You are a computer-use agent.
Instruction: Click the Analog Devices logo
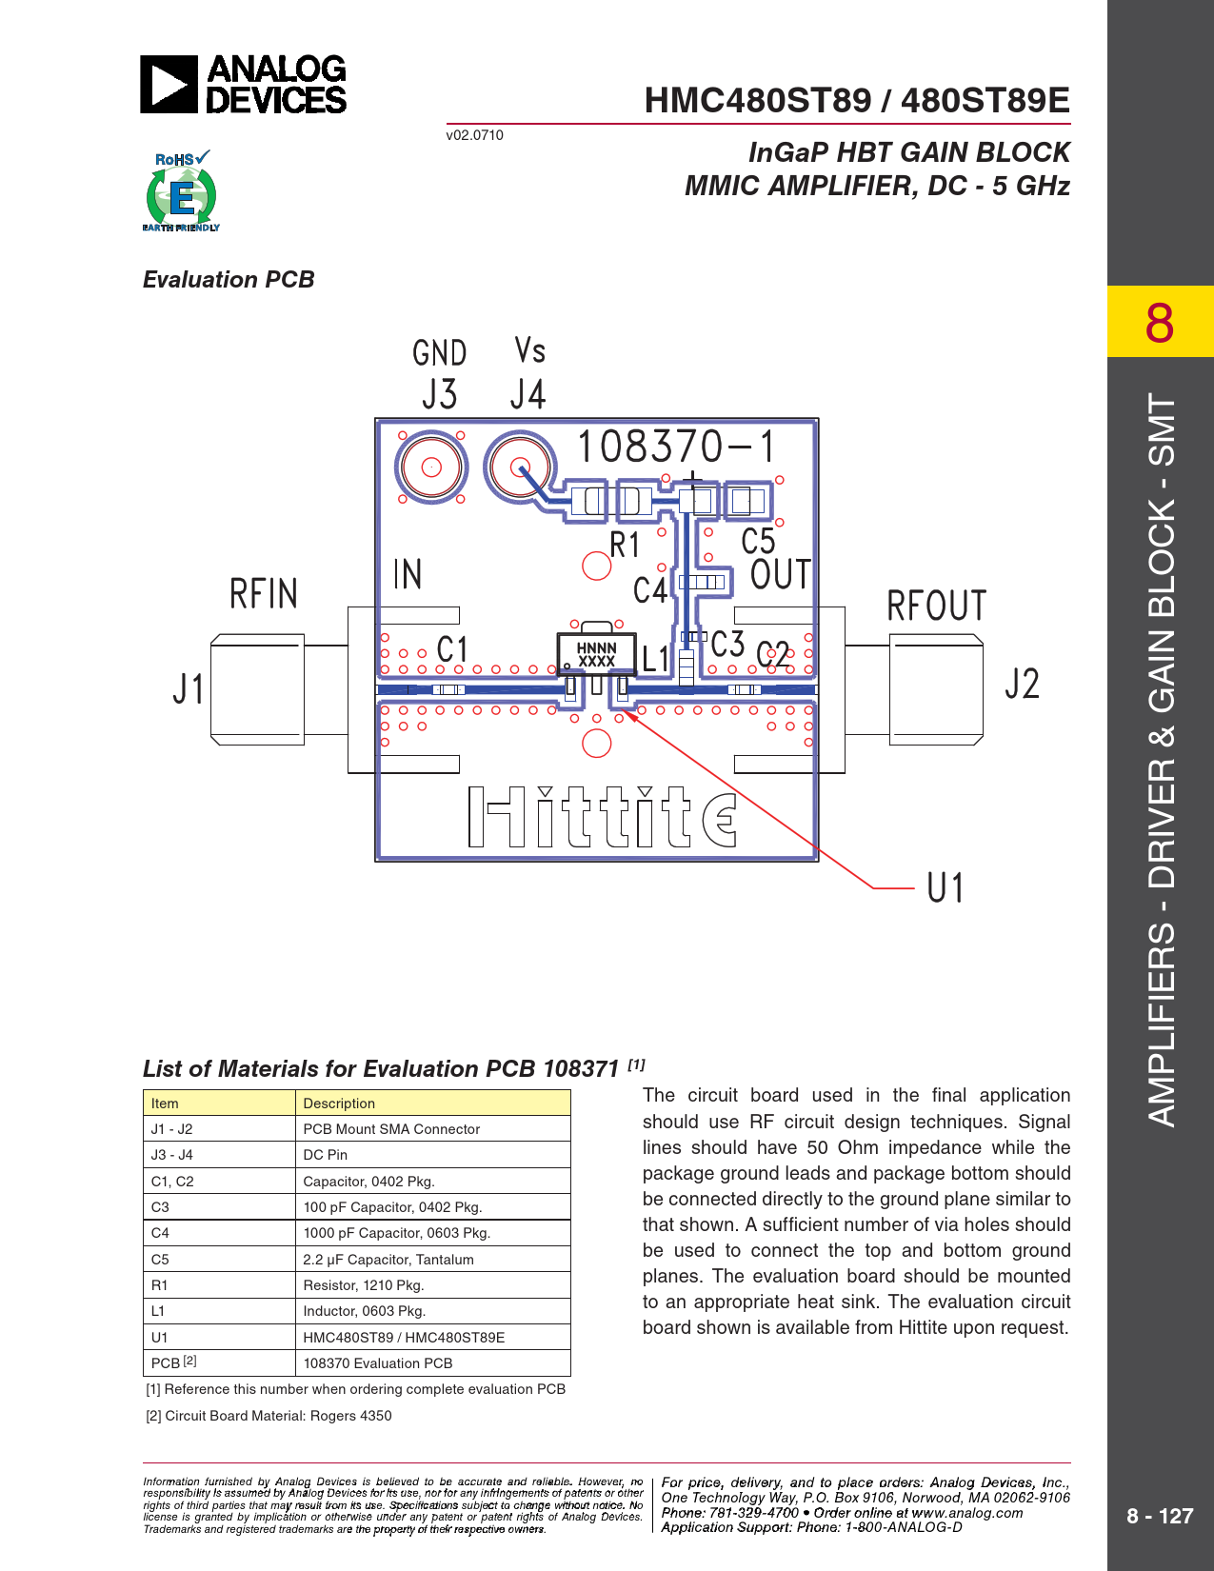click(243, 84)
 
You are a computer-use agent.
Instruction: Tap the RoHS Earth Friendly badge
click(181, 190)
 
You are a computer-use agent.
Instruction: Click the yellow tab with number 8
click(1160, 322)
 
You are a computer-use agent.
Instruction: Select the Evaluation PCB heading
click(229, 280)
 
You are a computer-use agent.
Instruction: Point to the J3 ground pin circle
click(431, 467)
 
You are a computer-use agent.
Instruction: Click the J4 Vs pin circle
click(520, 467)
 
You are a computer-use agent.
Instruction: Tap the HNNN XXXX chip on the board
click(596, 654)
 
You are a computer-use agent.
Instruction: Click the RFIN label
click(263, 593)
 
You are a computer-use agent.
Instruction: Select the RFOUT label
click(936, 606)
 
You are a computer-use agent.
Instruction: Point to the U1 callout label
click(945, 887)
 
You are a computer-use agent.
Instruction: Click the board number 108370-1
click(677, 446)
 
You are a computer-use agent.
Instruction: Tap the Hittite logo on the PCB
click(603, 817)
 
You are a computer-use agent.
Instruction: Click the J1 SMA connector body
click(257, 689)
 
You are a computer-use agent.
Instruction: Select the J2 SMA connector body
click(936, 689)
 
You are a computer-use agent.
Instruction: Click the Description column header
click(339, 1104)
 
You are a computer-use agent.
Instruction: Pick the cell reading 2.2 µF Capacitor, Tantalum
click(388, 1260)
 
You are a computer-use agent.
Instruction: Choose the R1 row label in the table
click(159, 1285)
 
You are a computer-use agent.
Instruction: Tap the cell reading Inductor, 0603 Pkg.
click(365, 1311)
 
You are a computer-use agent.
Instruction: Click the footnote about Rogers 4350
click(269, 1416)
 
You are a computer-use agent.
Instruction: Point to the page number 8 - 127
click(1160, 1516)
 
